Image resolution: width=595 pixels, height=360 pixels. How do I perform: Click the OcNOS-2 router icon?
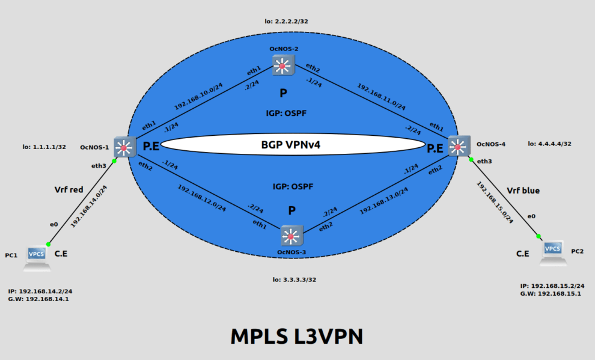pyautogui.click(x=282, y=64)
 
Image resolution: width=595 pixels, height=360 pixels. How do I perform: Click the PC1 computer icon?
pyautogui.click(x=37, y=255)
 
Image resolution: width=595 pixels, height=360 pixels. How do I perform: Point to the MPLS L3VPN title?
pyautogui.click(x=297, y=336)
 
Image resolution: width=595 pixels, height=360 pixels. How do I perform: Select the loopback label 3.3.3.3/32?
pyautogui.click(x=294, y=279)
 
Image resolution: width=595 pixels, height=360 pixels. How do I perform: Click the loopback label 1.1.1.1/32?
pyautogui.click(x=44, y=146)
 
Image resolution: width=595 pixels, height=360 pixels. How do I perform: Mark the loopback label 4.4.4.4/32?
pyautogui.click(x=550, y=144)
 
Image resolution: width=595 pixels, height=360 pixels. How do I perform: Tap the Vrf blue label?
pyautogui.click(x=523, y=191)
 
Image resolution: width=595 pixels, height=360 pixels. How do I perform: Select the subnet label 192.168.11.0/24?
pyautogui.click(x=381, y=96)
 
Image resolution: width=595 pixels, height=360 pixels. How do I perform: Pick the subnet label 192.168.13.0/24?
pyautogui.click(x=384, y=201)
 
